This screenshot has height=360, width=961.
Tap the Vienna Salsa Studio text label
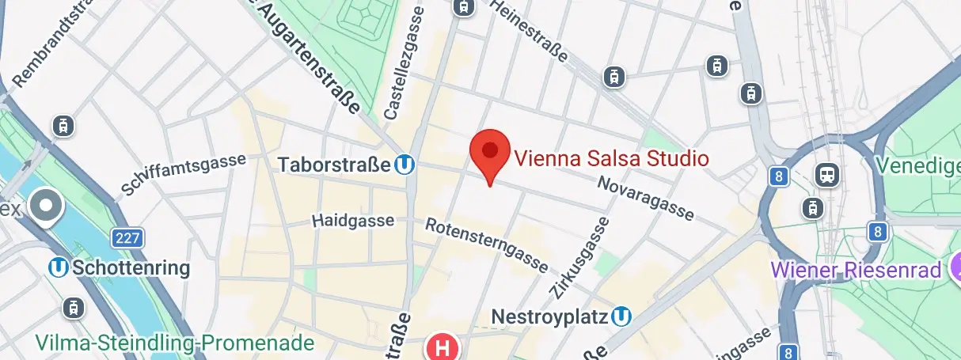(x=611, y=158)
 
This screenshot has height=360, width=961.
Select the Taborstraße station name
(x=335, y=165)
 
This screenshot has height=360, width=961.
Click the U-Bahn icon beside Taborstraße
(x=405, y=165)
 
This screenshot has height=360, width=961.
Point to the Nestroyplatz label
(x=549, y=317)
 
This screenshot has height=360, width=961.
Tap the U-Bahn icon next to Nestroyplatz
(x=623, y=317)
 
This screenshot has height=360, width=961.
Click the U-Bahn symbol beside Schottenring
(x=59, y=267)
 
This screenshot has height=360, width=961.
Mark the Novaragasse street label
(x=646, y=198)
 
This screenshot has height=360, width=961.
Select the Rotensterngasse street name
(x=487, y=243)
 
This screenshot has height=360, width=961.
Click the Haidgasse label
(x=353, y=220)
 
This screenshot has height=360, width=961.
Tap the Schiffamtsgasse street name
(x=183, y=175)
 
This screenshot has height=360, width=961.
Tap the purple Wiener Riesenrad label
(x=857, y=270)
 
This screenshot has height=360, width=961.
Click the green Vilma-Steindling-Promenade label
(x=175, y=343)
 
